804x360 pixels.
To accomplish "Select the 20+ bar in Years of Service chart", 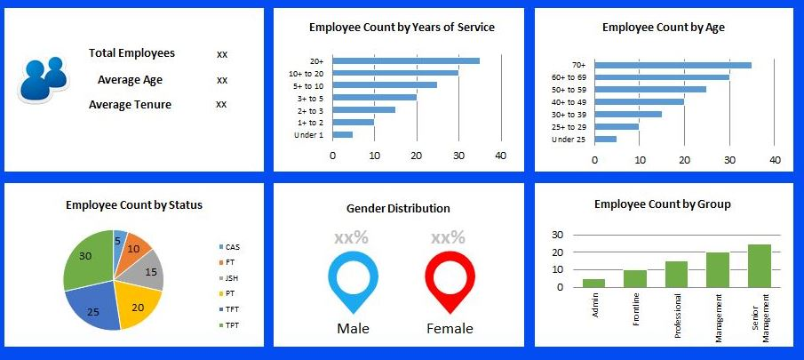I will pos(406,60).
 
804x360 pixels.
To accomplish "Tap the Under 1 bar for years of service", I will pos(343,134).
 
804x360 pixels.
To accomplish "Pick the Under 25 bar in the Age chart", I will pos(606,139).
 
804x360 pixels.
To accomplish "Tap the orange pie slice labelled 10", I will pos(136,248).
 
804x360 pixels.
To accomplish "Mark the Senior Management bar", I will pos(759,266).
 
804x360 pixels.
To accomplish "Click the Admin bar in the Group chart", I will pos(594,283).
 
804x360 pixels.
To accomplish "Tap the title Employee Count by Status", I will pos(134,205).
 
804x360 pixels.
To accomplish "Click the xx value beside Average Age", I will pos(222,80).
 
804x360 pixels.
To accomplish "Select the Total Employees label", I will pos(131,53).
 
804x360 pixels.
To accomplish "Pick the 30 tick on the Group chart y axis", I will pos(558,236).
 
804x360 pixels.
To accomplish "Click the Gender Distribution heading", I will pos(398,208).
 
